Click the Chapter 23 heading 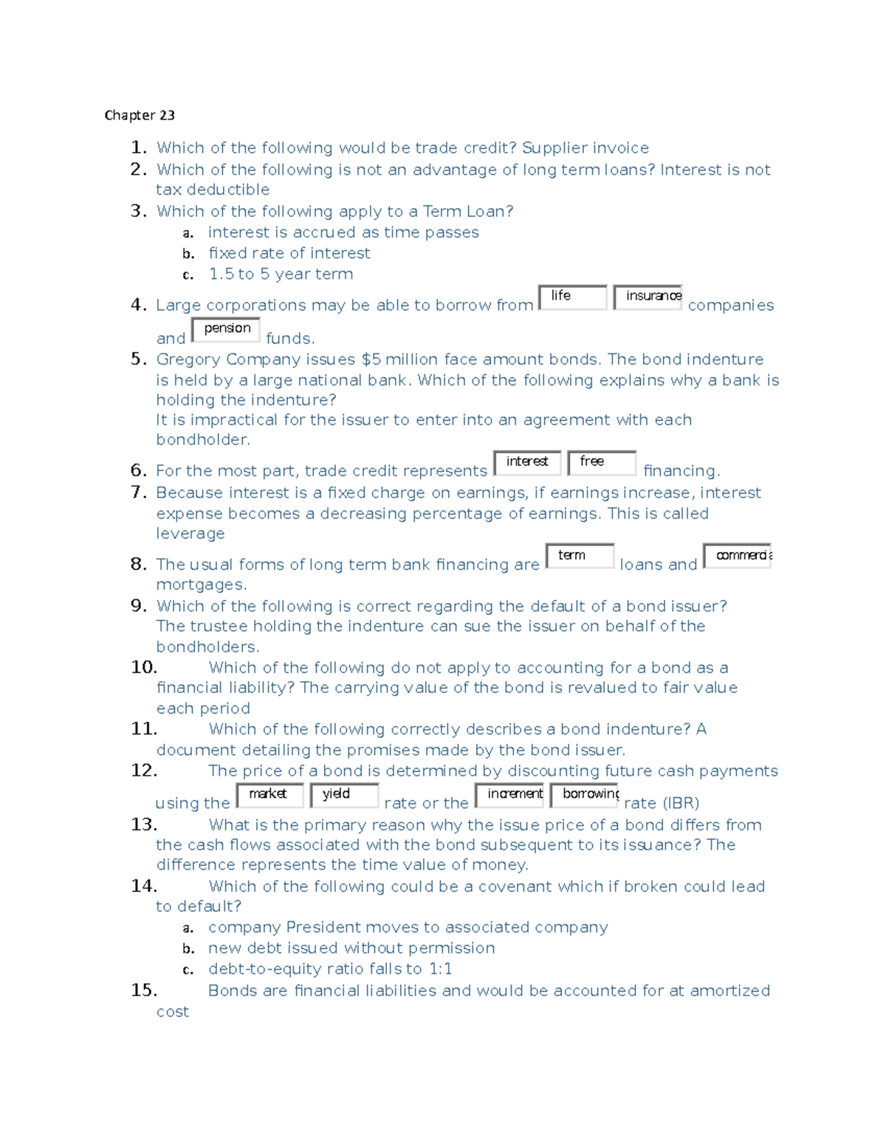coord(140,115)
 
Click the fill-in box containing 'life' coord(572,297)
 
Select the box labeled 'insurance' coord(648,297)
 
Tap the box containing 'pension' coord(225,329)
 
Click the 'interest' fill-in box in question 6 coord(527,463)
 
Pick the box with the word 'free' coord(602,463)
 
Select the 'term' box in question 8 coord(580,556)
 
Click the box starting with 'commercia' coord(737,556)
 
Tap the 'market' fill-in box coord(269,795)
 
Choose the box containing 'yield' coord(344,795)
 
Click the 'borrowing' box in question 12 coord(584,795)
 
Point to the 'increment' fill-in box coord(509,795)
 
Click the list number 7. coord(139,491)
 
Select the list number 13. coord(144,824)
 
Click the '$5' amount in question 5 coord(371,359)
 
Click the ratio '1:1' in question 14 coord(440,969)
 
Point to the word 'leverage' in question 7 coord(190,534)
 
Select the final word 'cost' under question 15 coord(172,1012)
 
